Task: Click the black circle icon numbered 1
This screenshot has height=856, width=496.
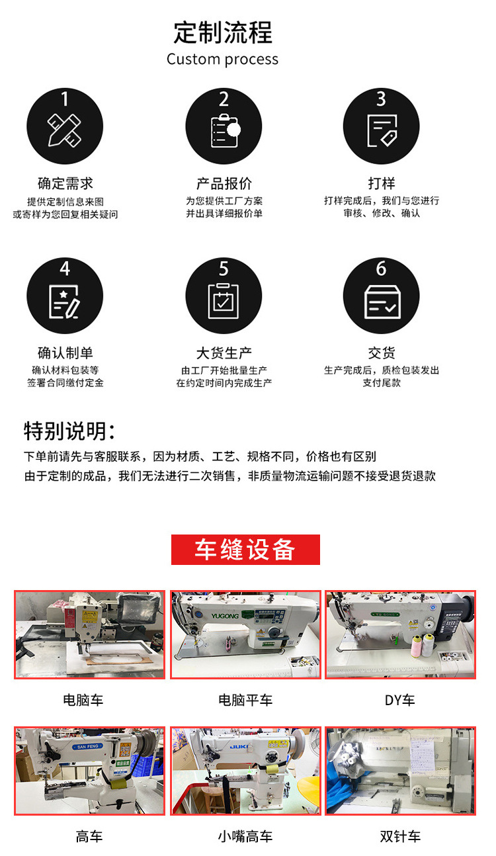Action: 65,126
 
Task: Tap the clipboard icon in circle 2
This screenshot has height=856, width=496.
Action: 224,129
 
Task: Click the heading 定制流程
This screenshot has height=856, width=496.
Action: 223,32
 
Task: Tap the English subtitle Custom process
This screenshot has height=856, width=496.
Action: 222,60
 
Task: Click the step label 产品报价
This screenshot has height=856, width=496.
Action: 224,183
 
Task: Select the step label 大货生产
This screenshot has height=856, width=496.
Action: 224,353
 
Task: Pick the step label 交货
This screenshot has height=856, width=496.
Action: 382,353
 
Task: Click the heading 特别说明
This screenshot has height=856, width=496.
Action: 69,431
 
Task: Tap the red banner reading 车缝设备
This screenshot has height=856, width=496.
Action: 245,550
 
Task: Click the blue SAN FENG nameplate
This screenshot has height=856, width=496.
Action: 87,746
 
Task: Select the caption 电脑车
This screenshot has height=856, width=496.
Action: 83,700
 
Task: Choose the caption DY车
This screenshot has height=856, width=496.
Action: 399,700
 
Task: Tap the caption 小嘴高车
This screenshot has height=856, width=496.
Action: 245,837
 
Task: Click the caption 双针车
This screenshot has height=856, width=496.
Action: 400,837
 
